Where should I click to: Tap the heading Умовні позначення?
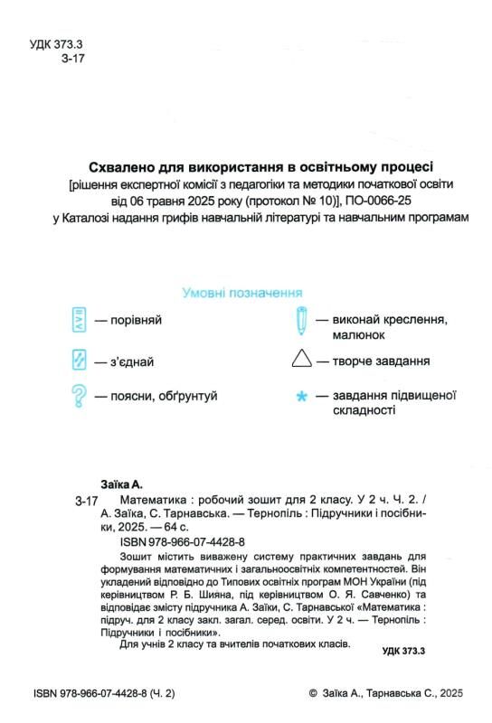(242, 293)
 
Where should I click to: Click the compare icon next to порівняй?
(79, 320)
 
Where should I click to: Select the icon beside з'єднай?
(79, 361)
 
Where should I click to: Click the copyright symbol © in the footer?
(314, 693)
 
